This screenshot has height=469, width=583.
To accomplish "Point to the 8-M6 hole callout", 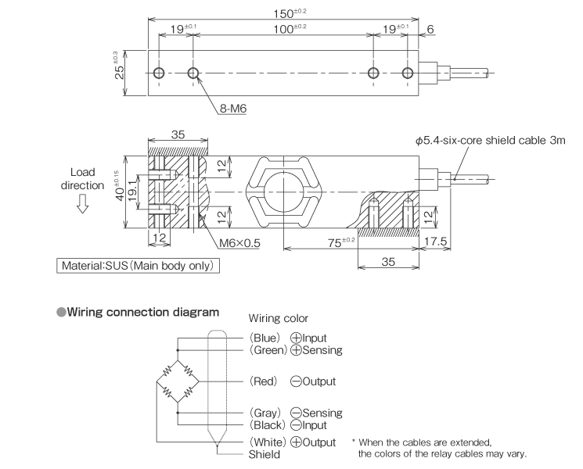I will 232,109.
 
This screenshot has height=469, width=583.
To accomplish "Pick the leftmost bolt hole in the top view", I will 160,73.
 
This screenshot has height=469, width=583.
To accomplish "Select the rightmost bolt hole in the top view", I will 407,73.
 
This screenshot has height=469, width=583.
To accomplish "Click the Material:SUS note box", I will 138,266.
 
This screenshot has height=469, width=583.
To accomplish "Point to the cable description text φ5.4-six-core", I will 482,141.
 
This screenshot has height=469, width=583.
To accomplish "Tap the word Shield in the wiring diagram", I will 265,454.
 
